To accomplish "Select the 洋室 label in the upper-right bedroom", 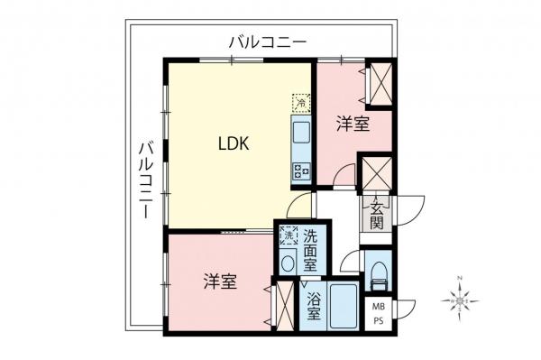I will pyautogui.click(x=353, y=124).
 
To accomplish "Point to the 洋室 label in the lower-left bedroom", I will pyautogui.click(x=219, y=282).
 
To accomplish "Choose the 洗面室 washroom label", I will pyautogui.click(x=310, y=251).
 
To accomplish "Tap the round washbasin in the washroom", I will pyautogui.click(x=288, y=263).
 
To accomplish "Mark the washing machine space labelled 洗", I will pyautogui.click(x=288, y=236).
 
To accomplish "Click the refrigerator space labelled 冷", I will pyautogui.click(x=299, y=102).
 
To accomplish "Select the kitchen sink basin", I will pyautogui.click(x=300, y=136).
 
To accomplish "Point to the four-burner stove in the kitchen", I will pyautogui.click(x=300, y=169).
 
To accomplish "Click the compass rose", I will pyautogui.click(x=461, y=296).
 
